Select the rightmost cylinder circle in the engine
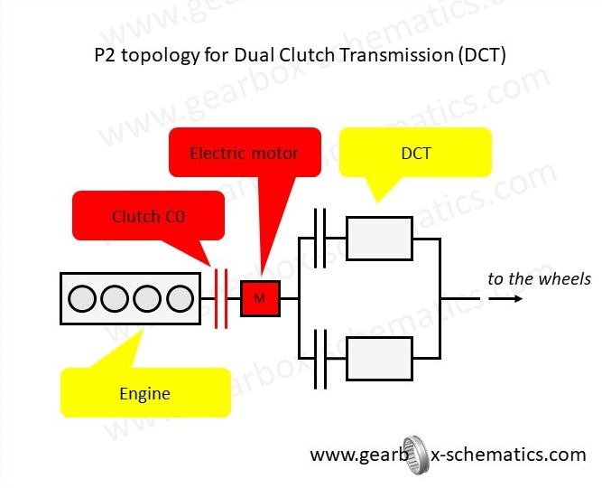coord(181,298)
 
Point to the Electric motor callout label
coord(244,153)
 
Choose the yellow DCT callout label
coord(415,153)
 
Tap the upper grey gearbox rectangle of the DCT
coord(379,239)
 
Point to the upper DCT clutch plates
coord(319,239)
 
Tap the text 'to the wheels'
coord(539,278)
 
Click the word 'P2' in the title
coord(106,55)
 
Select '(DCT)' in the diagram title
coord(480,55)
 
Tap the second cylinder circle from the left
coord(116,298)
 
